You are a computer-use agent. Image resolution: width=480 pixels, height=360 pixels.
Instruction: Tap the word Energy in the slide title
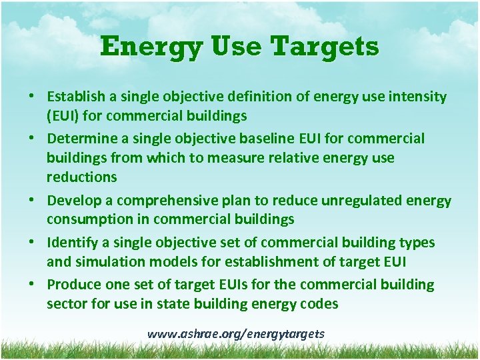point(139,47)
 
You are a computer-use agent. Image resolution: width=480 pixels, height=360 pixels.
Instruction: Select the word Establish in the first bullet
point(75,97)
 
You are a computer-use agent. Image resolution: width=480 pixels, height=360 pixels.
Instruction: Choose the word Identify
point(70,243)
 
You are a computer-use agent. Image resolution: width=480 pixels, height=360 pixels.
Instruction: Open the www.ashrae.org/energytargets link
point(236,333)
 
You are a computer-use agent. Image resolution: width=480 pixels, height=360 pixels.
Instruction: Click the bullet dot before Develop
point(31,201)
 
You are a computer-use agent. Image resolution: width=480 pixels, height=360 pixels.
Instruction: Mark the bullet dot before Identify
point(31,243)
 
